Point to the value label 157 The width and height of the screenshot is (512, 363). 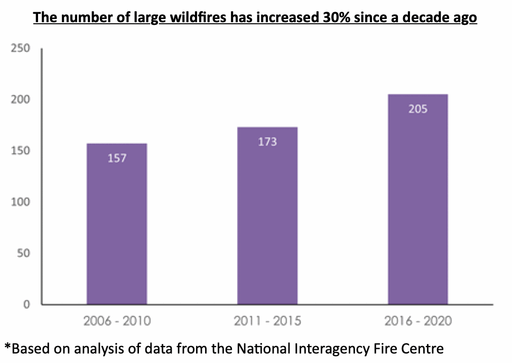[117, 157]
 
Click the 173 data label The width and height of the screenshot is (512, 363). [267, 142]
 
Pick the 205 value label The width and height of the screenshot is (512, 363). [417, 109]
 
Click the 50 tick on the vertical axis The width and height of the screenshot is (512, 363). [23, 254]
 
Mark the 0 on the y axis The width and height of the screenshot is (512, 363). [26, 304]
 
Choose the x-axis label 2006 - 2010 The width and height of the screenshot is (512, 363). [117, 321]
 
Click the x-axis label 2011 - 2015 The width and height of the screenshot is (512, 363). [267, 321]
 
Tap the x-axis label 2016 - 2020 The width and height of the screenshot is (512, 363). [417, 321]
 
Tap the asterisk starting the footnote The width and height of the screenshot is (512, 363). [7, 347]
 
